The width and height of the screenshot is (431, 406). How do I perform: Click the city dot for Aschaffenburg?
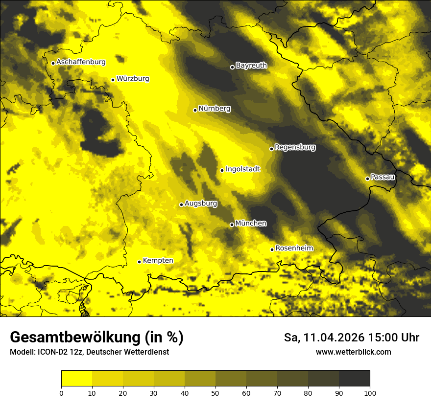[x=53, y=63]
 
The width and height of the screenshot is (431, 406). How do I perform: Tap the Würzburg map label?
[x=133, y=79]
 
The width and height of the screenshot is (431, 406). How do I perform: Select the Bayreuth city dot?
[x=232, y=67]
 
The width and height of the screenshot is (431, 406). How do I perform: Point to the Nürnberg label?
[x=215, y=109]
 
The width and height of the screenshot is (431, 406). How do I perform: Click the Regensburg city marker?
[x=271, y=149]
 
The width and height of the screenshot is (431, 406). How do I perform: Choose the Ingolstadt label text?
[x=242, y=169]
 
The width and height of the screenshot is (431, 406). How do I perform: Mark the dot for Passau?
[x=367, y=179]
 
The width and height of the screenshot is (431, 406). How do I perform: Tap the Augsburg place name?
[x=201, y=203]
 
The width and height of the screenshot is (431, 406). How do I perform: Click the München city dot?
[x=232, y=225]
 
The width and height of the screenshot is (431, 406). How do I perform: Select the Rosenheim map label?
[x=294, y=248]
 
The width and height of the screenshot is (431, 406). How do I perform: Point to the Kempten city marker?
[x=139, y=262]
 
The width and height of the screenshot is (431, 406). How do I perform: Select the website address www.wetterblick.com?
[x=353, y=352]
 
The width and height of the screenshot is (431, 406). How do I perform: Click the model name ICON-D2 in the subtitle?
[x=53, y=352]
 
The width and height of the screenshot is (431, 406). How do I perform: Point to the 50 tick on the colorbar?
[x=215, y=392]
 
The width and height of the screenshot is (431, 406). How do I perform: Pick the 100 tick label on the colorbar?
[x=370, y=392]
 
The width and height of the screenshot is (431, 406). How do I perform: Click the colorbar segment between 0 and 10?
[x=77, y=379]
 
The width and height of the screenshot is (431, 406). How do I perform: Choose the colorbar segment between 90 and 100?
[x=354, y=379]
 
